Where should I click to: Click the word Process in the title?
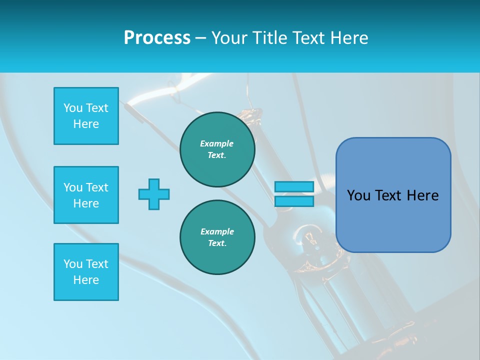tap(157, 38)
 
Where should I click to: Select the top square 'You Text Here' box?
tap(86, 116)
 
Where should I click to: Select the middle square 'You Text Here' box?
tap(86, 195)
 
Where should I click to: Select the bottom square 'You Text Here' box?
tap(86, 272)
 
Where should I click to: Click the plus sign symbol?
tap(154, 194)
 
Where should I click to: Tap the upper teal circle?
tap(217, 149)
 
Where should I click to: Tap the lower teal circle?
tap(217, 237)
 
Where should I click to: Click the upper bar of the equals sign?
tap(294, 186)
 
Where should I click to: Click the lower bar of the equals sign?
tap(294, 201)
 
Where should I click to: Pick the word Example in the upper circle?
tap(216, 143)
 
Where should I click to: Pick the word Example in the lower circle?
tap(217, 231)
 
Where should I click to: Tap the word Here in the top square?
tap(86, 124)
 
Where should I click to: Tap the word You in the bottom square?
tap(73, 264)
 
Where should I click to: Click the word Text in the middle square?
tap(97, 187)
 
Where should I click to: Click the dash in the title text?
tap(200, 38)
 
